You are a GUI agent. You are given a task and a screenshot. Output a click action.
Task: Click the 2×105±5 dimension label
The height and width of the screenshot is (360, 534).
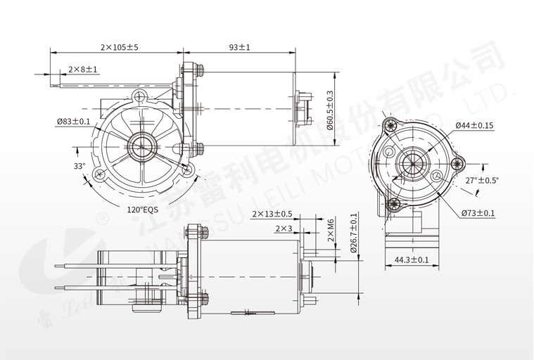[x=119, y=47]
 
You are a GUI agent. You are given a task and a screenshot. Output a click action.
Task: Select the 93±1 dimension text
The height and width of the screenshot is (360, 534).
[x=239, y=47]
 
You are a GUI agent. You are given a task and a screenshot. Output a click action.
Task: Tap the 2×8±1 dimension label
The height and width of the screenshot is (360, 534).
[x=83, y=70]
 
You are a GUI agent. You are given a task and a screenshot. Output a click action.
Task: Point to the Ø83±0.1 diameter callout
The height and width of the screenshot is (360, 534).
[x=73, y=122]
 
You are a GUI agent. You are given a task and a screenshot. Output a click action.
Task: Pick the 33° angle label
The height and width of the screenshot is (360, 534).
[x=79, y=167]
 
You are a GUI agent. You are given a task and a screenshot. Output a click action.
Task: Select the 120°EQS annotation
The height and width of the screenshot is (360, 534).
[x=143, y=210]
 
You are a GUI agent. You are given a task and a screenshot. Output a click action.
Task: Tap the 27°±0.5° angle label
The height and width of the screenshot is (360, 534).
[x=482, y=180]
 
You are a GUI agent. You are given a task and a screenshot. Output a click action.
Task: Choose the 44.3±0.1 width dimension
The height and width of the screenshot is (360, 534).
[x=412, y=260]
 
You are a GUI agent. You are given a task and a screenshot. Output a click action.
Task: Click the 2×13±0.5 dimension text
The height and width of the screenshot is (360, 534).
[x=272, y=214]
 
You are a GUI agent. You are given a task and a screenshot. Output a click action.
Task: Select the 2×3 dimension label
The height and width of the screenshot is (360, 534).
[x=284, y=229]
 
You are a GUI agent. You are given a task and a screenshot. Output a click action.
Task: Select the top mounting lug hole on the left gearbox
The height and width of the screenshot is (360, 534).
[x=139, y=96]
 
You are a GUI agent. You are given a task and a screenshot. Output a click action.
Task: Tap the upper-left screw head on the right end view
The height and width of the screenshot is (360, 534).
[x=388, y=127]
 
